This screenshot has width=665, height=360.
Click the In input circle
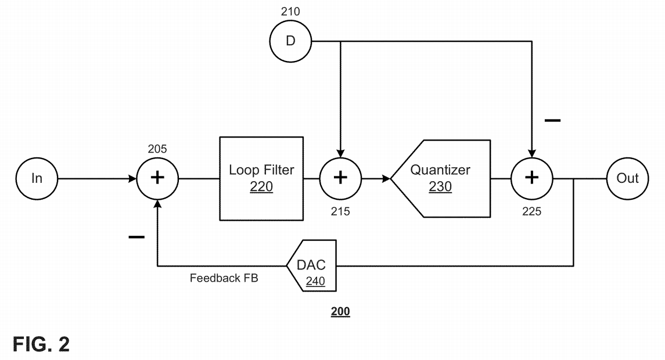(37, 178)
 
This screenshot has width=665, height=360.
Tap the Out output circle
(627, 178)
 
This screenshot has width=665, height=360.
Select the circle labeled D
(291, 41)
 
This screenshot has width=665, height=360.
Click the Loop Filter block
(261, 178)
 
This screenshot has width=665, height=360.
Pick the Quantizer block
(440, 178)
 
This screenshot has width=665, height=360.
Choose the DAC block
(312, 266)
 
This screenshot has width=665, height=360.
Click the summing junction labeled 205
(157, 178)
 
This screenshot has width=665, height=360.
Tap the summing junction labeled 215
(340, 178)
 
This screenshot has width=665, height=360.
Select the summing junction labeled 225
(531, 178)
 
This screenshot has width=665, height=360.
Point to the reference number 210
(290, 10)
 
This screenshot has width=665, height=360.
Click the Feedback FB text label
(224, 278)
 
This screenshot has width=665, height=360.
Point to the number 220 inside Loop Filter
(261, 187)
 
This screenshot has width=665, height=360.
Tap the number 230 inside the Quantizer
(440, 187)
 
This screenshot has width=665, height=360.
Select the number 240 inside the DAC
(315, 281)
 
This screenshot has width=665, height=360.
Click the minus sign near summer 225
(552, 120)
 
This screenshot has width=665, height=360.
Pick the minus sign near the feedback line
(136, 237)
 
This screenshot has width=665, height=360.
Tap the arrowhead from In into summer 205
(132, 178)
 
